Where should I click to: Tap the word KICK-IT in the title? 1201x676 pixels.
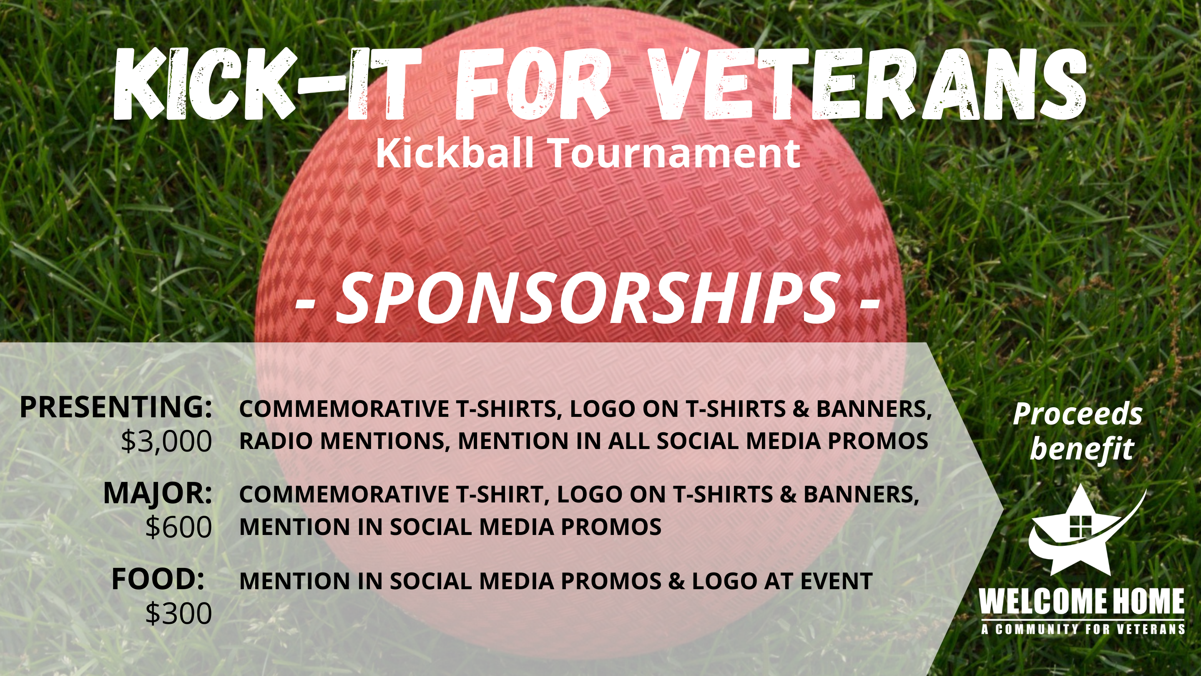(x=269, y=83)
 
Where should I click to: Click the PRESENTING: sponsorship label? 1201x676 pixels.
(x=116, y=407)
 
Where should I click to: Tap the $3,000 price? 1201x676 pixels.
(x=166, y=441)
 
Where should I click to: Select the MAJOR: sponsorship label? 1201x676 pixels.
(x=158, y=493)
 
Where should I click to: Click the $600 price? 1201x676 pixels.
(x=179, y=527)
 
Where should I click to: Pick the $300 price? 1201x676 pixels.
(x=179, y=613)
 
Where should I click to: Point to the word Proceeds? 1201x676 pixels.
(x=1078, y=414)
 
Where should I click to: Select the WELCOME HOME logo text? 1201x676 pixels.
(x=1082, y=602)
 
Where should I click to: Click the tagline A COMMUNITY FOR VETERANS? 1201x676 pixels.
(x=1083, y=629)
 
